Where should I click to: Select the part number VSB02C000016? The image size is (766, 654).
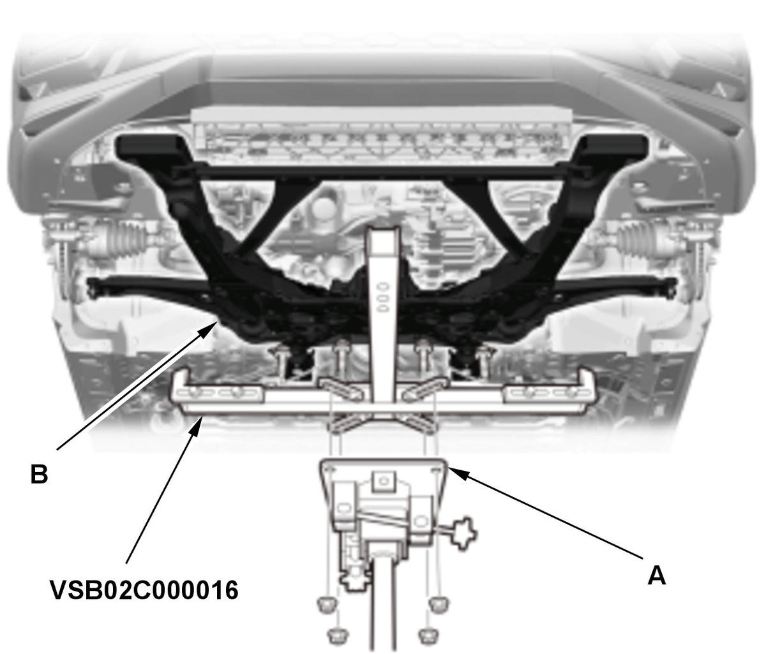144,590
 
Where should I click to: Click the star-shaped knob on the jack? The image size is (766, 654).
463,534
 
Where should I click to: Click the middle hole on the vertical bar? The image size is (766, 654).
383,297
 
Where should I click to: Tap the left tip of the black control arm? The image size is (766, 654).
91,288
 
